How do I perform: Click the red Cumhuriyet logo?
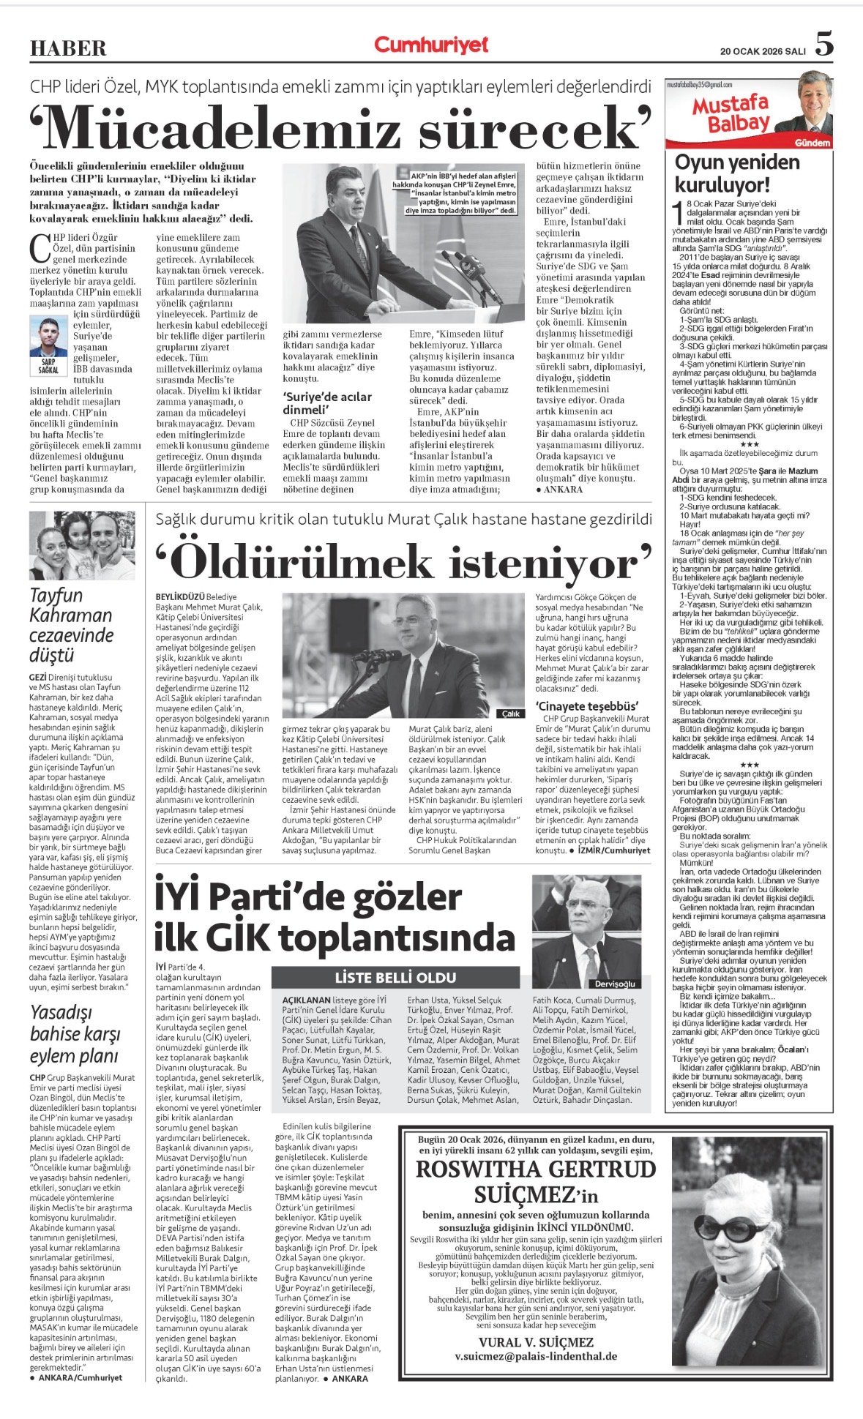[431, 45]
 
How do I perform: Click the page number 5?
[824, 45]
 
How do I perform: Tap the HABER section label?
[68, 48]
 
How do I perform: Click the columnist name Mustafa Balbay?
[729, 114]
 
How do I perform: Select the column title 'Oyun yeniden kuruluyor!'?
[727, 173]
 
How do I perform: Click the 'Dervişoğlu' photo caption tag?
[615, 984]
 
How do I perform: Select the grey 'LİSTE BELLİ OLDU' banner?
[395, 977]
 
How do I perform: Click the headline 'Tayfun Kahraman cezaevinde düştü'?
[71, 625]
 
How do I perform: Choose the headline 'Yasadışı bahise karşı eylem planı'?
[74, 1033]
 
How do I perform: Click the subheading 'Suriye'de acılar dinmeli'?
[327, 403]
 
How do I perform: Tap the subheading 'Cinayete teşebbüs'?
[587, 706]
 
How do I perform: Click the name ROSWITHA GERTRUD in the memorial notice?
[536, 1169]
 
